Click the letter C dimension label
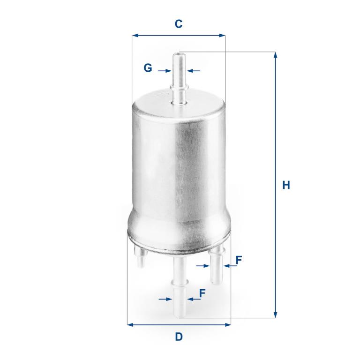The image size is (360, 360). click(179, 24)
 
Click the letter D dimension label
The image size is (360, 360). click(179, 337)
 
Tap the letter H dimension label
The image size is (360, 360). click(286, 185)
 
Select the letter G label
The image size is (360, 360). click(148, 68)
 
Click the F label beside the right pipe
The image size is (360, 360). click(239, 260)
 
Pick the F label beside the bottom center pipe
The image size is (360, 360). click(202, 293)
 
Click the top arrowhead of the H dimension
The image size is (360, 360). click(276, 55)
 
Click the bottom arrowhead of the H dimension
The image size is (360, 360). click(276, 315)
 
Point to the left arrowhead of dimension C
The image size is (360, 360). click(135, 35)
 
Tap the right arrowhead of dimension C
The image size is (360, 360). click(222, 35)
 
